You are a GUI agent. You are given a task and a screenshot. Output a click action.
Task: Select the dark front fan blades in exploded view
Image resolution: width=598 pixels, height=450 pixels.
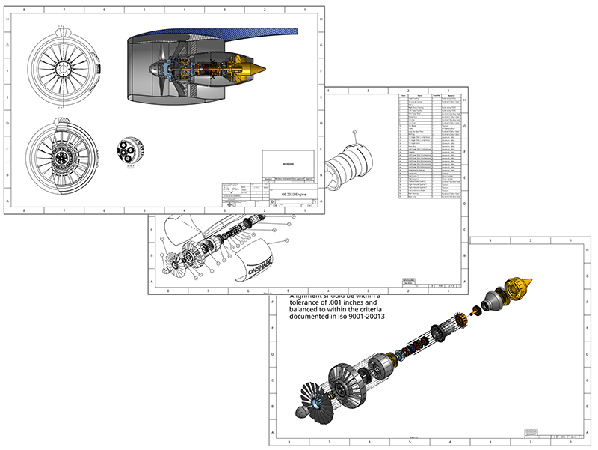(312, 397)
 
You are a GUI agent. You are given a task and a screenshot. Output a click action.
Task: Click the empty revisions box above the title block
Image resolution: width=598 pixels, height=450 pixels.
(290, 164)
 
